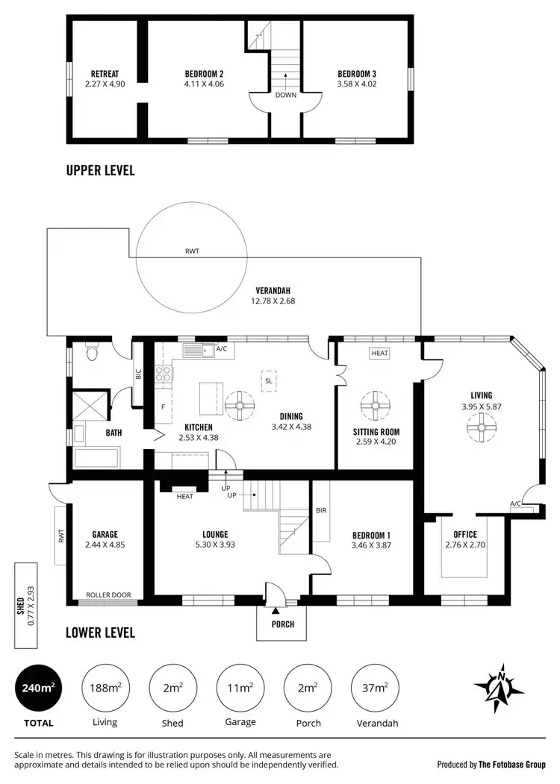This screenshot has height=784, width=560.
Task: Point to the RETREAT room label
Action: [105, 74]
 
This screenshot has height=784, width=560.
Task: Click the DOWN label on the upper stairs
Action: [285, 95]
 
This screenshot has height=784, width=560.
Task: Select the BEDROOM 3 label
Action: [356, 74]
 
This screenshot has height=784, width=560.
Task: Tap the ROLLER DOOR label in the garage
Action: [108, 595]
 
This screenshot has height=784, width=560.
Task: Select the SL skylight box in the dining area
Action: [268, 380]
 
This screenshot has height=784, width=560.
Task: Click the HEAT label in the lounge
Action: [184, 497]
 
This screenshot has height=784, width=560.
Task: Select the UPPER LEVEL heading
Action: [100, 171]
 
